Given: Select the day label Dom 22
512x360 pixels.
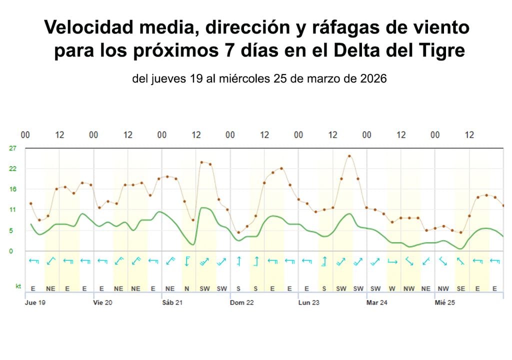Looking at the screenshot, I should (242, 302).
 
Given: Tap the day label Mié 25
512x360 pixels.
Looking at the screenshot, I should (444, 302).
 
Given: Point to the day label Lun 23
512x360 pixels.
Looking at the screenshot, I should (308, 302).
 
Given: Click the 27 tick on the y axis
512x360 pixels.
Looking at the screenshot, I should (13, 148).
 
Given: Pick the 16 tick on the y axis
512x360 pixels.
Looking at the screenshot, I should (13, 189).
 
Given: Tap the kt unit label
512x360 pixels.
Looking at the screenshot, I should (18, 287).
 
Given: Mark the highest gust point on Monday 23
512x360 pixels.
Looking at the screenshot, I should (349, 156).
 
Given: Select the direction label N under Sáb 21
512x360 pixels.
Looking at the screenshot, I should (186, 288).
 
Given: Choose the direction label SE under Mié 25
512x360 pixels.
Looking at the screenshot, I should (460, 288).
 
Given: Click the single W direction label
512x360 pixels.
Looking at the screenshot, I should (392, 288).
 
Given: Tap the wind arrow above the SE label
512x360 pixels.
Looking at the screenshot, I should (460, 261).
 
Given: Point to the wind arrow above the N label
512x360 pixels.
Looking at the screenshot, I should (186, 261).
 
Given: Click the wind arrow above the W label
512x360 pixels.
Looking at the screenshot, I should (392, 261).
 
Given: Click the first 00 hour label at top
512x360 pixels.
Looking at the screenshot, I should (25, 135).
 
